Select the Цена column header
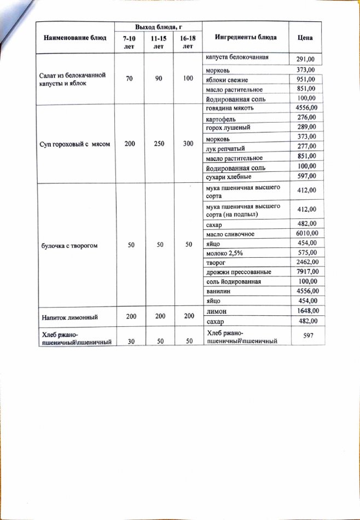pyautogui.click(x=305, y=38)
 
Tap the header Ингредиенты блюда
pyautogui.click(x=246, y=37)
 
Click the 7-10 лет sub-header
pyautogui.click(x=129, y=43)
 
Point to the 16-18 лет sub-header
pyautogui.click(x=188, y=43)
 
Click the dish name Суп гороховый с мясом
pyautogui.click(x=76, y=144)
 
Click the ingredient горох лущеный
pyautogui.click(x=228, y=128)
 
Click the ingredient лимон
pyautogui.click(x=217, y=310)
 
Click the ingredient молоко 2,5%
pyautogui.click(x=224, y=252)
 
